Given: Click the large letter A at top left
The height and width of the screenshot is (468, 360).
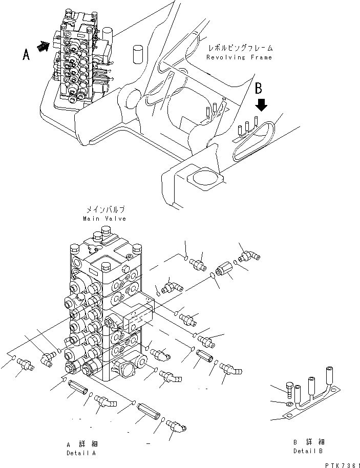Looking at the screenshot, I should tap(26, 54).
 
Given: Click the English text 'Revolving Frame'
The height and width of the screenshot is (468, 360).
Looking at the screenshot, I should tap(239, 57).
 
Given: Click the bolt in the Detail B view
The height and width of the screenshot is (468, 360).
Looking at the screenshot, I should tap(291, 391).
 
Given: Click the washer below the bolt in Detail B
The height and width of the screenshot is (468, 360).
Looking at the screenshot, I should tap(289, 405).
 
